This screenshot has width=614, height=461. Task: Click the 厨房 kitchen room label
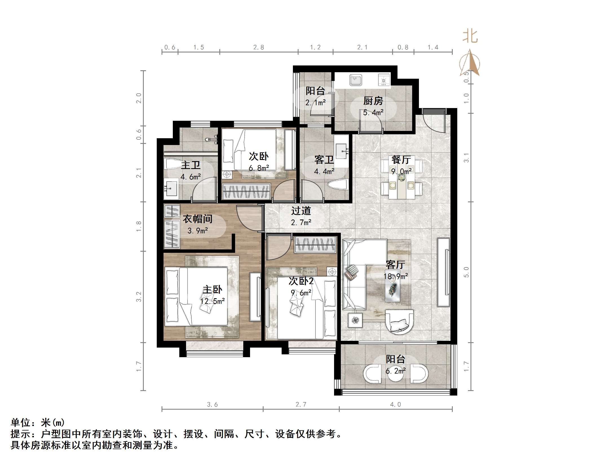click(373, 101)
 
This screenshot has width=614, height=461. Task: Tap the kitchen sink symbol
click(356, 80)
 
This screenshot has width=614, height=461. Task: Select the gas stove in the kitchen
click(384, 80)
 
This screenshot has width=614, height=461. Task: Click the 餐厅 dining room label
click(401, 160)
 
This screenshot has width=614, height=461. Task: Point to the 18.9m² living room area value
click(396, 276)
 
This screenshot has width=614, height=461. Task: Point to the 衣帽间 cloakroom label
click(198, 219)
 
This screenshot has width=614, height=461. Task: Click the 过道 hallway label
click(301, 211)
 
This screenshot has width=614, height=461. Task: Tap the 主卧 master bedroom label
click(212, 290)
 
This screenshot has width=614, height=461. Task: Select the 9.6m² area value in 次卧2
click(301, 293)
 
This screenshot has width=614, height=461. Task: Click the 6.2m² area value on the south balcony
click(396, 371)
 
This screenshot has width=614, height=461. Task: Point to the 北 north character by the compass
click(470, 37)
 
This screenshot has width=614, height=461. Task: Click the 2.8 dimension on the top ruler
click(259, 47)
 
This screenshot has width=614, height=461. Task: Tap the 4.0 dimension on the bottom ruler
click(395, 405)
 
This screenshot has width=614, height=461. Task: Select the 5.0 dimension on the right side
click(466, 272)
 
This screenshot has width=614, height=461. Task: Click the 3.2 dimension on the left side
click(138, 297)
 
